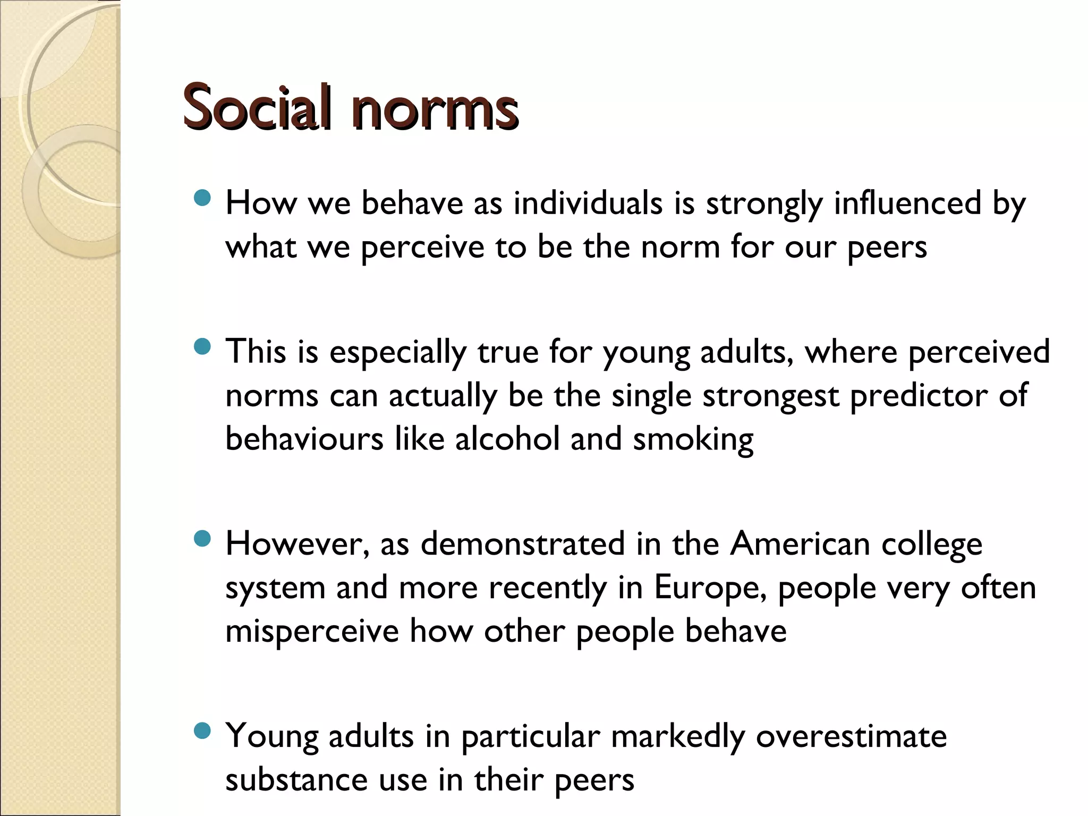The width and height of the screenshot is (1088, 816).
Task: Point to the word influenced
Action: [x=907, y=203]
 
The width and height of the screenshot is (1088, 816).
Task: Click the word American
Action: [x=800, y=545]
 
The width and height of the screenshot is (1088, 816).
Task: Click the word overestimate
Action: [x=851, y=737]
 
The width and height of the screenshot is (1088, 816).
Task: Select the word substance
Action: [x=296, y=780]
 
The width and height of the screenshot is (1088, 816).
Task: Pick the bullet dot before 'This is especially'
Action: [x=202, y=347]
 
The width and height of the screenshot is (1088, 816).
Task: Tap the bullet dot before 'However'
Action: [x=202, y=540]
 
